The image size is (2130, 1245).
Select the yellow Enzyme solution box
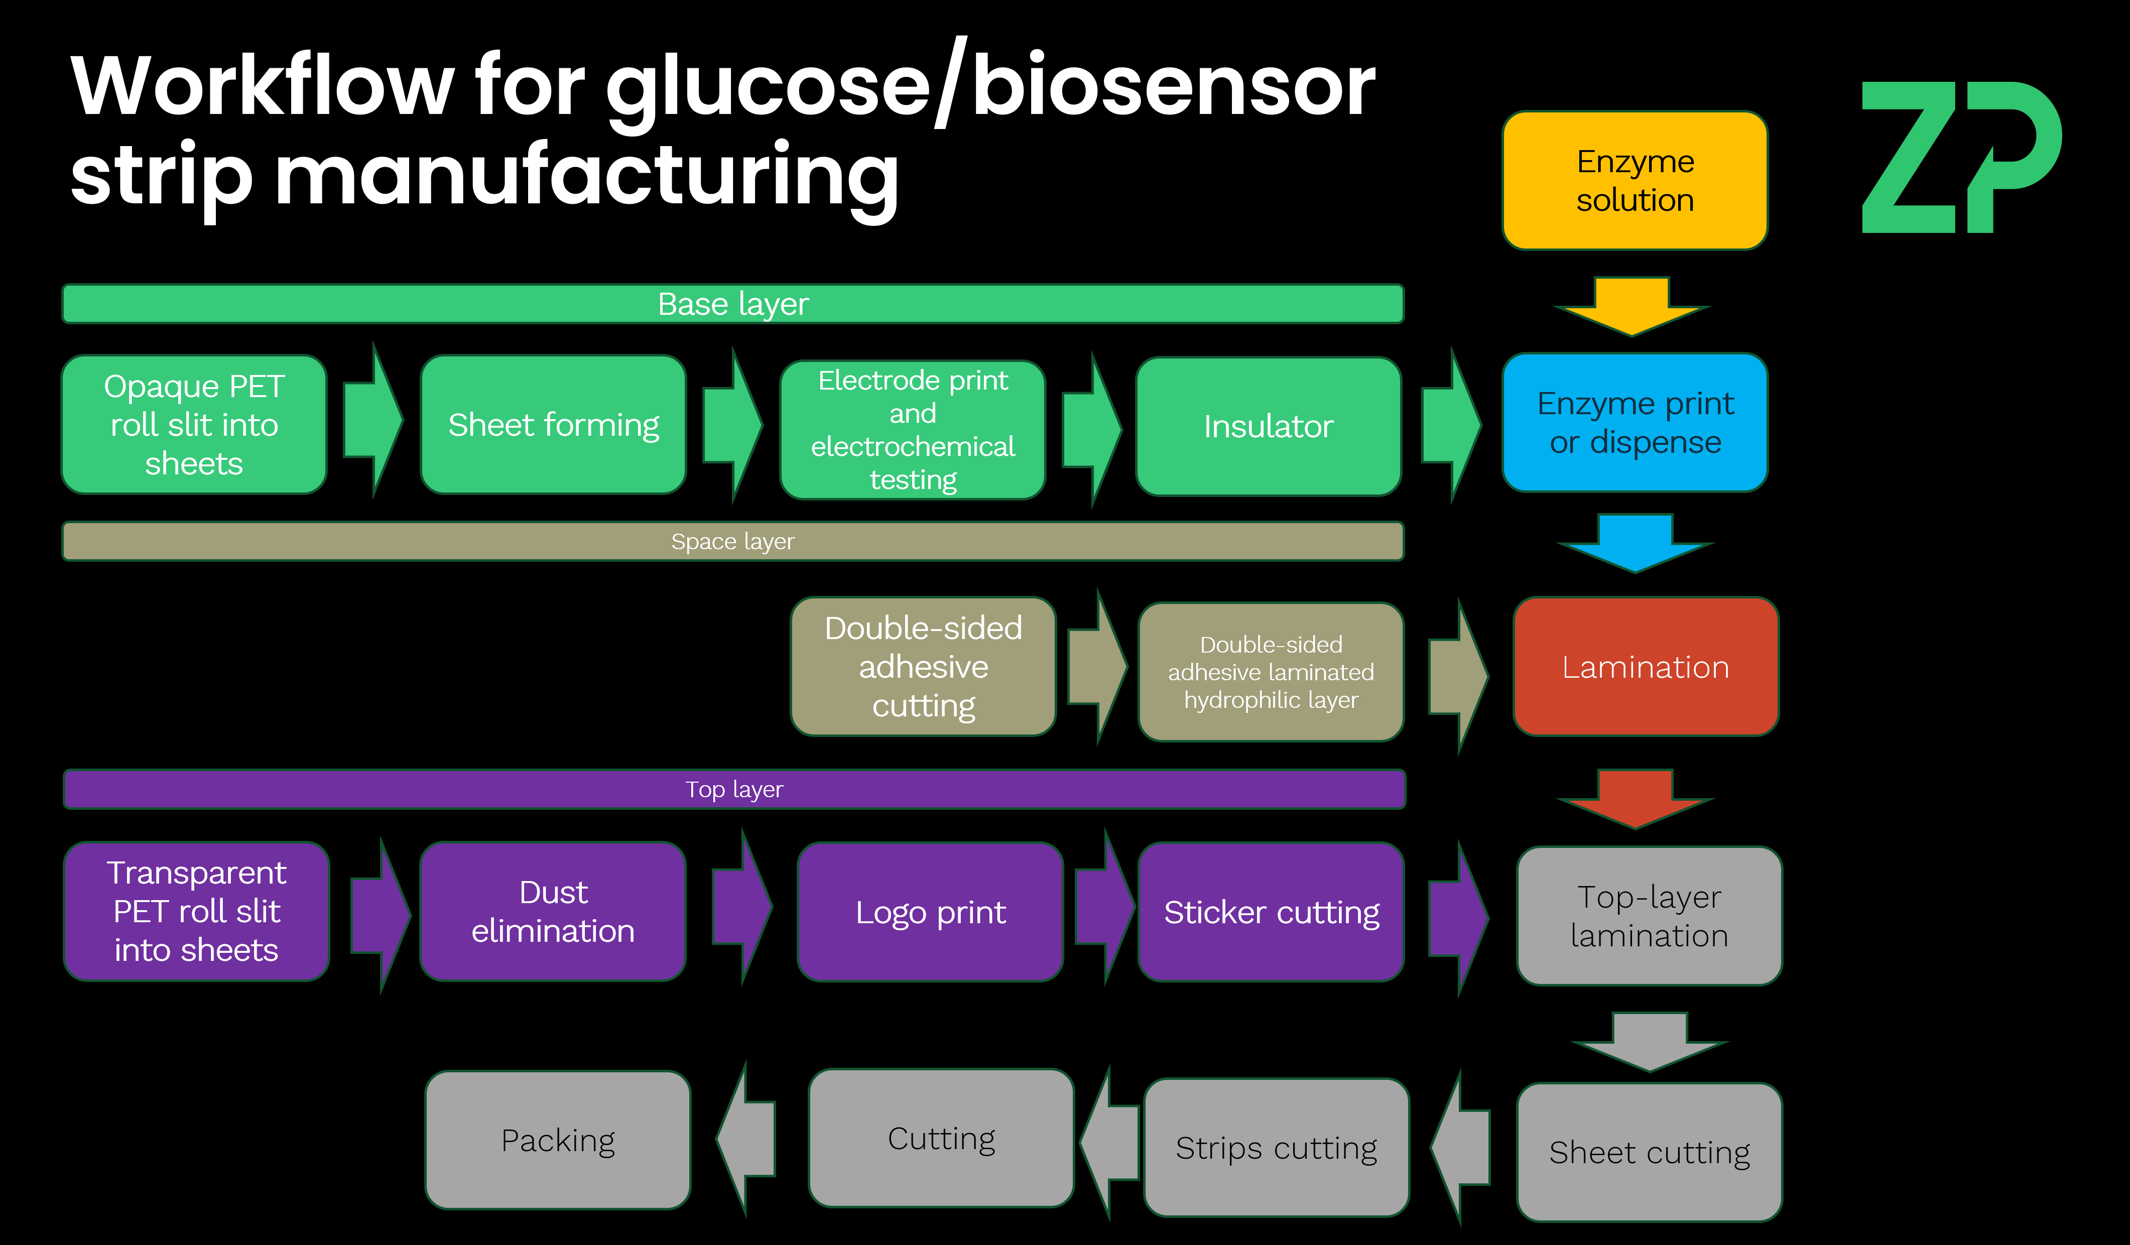(x=1634, y=180)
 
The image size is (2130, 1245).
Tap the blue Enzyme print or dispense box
(x=1634, y=423)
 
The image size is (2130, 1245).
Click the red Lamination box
(x=1645, y=667)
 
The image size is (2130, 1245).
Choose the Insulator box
(x=1268, y=426)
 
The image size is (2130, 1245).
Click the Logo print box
(x=930, y=912)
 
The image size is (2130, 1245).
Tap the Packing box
(x=558, y=1140)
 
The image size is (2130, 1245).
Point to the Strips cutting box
(x=1276, y=1148)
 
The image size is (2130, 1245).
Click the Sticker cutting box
(x=1271, y=912)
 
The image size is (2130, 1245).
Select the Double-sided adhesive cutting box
(x=923, y=667)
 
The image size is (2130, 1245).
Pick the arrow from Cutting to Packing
(x=746, y=1139)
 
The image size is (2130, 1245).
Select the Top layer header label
(x=733, y=790)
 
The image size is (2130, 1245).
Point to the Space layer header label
(x=733, y=541)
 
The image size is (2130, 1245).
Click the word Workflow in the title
(x=262, y=86)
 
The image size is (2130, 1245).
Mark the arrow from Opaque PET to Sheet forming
(x=373, y=420)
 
